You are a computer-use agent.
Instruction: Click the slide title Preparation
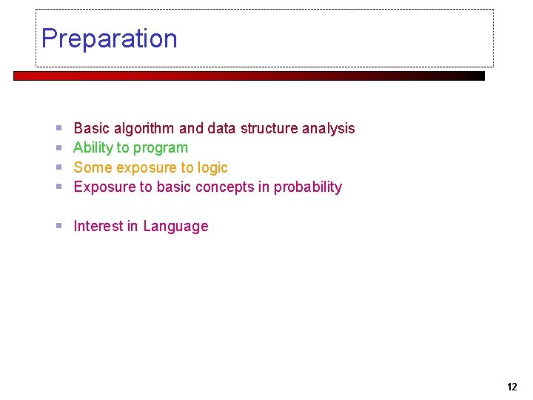[110, 39]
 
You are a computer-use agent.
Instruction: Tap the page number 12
[512, 387]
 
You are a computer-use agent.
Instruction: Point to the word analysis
[329, 129]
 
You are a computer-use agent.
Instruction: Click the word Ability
[92, 148]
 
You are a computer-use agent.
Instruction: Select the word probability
[308, 187]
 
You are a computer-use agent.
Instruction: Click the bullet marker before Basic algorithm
[58, 129]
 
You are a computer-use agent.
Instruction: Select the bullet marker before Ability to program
[58, 148]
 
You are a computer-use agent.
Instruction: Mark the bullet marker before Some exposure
[58, 168]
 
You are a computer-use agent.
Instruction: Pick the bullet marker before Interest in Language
[58, 227]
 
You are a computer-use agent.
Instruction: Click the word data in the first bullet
[221, 129]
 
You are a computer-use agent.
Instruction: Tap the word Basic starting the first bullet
[91, 129]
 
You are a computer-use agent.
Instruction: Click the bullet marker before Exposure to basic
[58, 187]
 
